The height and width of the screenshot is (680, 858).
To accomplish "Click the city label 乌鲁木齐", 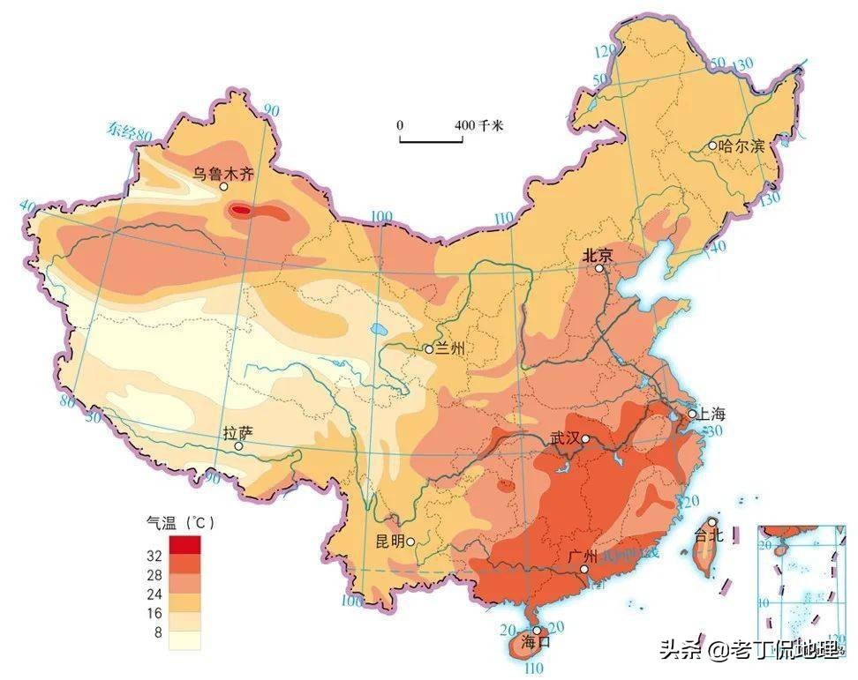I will [x=223, y=174].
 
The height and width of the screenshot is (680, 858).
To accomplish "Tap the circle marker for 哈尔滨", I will [x=712, y=146].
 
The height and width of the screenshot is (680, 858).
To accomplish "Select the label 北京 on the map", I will [x=598, y=254].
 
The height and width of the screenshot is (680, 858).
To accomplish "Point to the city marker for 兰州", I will [x=429, y=349].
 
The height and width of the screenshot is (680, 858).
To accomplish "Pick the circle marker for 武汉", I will [x=585, y=438].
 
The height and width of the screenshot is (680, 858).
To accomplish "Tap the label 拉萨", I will [x=238, y=433].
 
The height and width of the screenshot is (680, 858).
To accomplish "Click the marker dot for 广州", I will [x=583, y=570].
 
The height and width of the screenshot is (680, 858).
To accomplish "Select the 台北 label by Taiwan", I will [x=709, y=534].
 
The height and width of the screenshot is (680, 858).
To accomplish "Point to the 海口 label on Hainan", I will [x=536, y=642].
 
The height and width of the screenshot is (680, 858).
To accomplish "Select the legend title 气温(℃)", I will [x=180, y=522].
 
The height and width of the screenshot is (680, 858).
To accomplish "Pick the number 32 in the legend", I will [x=154, y=557].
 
